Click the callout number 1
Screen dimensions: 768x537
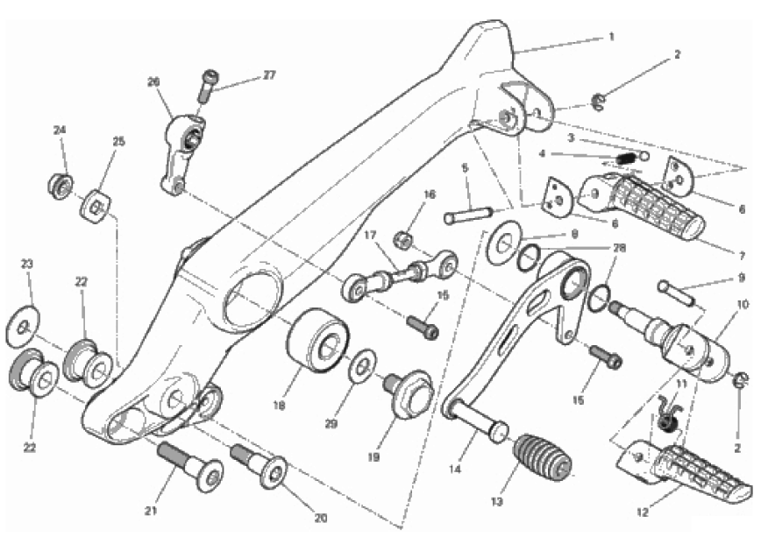[611, 37]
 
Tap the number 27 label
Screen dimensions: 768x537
[269, 74]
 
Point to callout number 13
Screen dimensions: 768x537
[496, 502]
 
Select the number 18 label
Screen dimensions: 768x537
[279, 406]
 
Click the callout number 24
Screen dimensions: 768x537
[60, 131]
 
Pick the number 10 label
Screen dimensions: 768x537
[743, 305]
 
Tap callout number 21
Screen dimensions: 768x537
[151, 511]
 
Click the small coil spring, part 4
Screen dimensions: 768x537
[626, 159]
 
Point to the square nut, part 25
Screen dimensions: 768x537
[95, 208]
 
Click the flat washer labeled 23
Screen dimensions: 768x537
[23, 326]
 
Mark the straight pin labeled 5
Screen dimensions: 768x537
[468, 216]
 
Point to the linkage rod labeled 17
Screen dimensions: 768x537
[401, 275]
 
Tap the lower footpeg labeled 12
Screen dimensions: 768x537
[683, 472]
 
